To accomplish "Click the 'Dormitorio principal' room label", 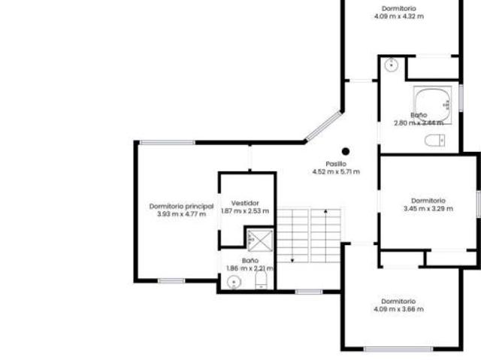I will tap(181, 206).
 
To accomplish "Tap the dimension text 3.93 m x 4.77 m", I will tap(181, 214).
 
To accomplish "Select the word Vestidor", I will tap(245, 203).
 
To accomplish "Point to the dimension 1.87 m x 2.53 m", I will tap(245, 211).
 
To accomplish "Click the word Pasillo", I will tap(336, 164).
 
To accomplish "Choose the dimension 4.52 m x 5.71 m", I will tap(336, 172).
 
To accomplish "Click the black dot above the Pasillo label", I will tap(346, 151).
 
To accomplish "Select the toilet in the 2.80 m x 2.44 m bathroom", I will tap(434, 140).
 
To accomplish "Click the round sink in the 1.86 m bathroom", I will tap(233, 282).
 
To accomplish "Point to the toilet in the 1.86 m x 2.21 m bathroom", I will tap(261, 281).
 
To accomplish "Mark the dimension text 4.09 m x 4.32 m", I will tap(398, 17).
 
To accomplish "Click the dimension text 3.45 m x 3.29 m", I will tap(428, 209).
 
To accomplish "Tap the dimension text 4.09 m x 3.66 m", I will tap(398, 309).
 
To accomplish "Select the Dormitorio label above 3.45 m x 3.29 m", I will tap(428, 201).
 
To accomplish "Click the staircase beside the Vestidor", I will tap(308, 234).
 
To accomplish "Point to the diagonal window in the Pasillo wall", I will tap(322, 126).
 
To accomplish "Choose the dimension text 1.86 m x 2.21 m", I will tap(250, 268).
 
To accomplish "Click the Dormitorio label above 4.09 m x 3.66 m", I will tap(398, 301).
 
